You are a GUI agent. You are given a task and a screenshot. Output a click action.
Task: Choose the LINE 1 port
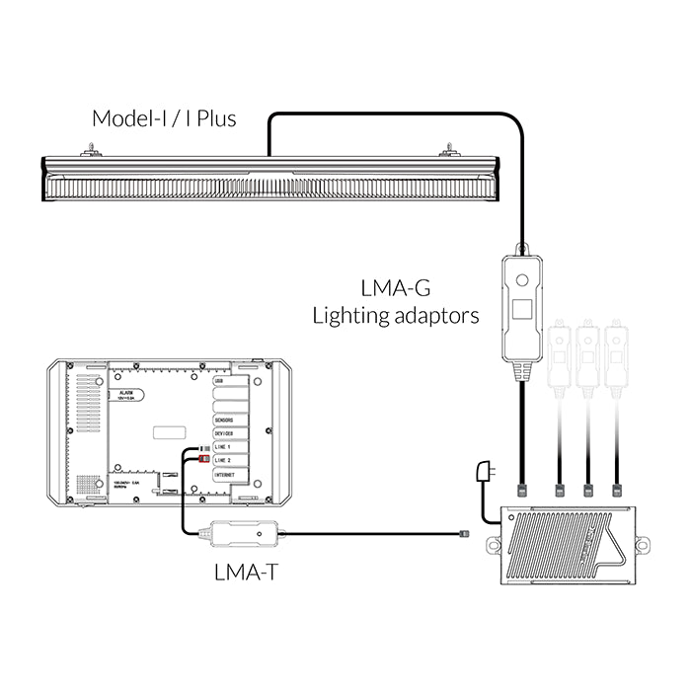(224, 447)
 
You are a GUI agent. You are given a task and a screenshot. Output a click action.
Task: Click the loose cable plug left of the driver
(466, 534)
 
